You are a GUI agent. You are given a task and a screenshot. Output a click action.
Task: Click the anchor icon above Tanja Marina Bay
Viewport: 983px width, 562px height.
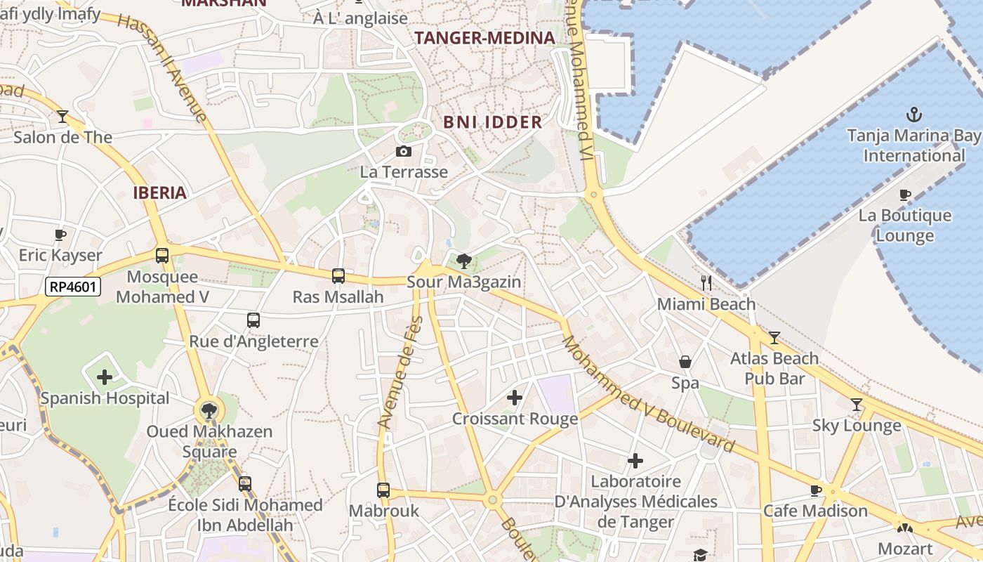[913, 114]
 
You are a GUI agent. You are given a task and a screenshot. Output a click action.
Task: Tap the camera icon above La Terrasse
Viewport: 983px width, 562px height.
[404, 151]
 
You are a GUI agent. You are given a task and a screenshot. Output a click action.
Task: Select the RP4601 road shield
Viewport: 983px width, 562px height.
[73, 287]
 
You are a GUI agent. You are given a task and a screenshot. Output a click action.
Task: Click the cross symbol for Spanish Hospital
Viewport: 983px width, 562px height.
[105, 377]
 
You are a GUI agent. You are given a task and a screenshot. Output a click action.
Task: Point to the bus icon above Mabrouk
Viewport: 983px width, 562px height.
[383, 490]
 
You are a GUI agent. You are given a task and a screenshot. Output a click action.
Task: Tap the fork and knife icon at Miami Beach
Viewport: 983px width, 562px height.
[706, 283]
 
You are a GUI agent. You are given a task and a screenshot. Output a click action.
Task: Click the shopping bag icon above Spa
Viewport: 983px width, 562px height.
[685, 362]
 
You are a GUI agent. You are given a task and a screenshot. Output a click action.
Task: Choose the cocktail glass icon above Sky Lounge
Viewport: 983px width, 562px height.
[856, 405]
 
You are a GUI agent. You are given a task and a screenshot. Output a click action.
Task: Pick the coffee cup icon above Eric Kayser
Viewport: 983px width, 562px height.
[60, 235]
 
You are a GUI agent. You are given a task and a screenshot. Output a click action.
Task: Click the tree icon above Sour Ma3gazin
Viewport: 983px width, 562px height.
[463, 262]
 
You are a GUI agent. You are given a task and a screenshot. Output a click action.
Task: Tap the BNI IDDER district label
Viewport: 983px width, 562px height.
[492, 122]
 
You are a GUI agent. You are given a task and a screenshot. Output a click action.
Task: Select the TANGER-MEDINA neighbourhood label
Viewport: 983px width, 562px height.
[484, 38]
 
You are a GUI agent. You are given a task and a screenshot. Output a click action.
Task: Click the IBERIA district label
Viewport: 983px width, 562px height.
[160, 193]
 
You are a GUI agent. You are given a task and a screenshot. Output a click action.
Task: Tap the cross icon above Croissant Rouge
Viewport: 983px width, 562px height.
[515, 398]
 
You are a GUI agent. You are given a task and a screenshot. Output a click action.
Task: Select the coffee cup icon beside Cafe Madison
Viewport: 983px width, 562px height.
[815, 490]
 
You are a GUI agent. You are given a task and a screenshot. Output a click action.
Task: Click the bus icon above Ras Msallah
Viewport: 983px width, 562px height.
[338, 276]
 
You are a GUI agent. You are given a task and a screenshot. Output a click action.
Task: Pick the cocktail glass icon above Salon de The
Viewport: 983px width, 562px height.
[62, 116]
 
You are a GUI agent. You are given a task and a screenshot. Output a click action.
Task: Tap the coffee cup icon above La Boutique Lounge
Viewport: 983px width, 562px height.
[905, 195]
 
